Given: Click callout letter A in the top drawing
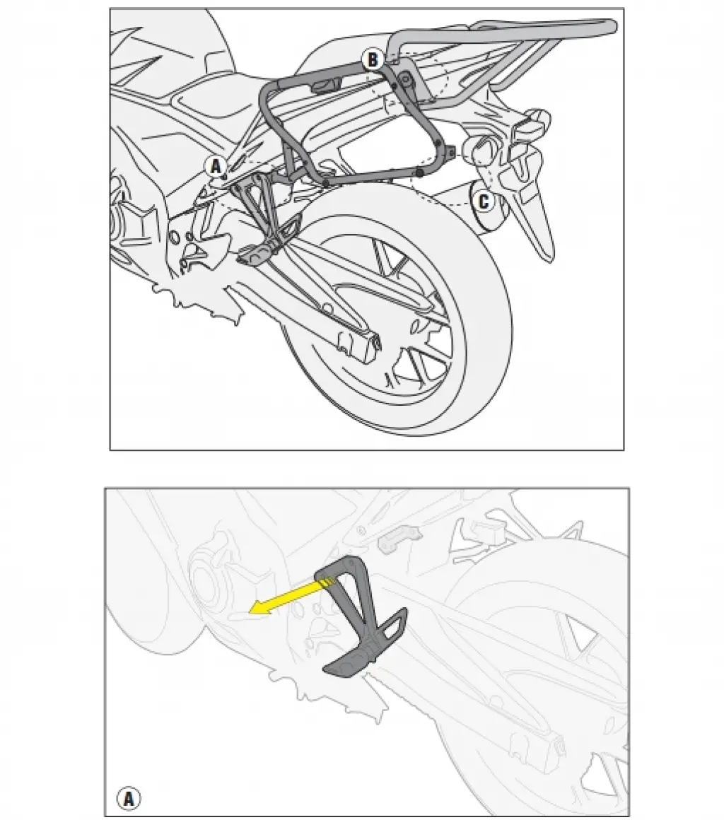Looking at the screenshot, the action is pos(216,167).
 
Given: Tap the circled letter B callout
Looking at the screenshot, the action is pos(373,59).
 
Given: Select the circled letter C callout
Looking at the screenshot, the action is pos(484,201).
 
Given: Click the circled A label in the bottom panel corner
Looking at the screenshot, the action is pos(129,799).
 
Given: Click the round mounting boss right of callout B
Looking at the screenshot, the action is pos(405,79).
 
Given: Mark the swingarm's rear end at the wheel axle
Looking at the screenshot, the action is pos(361,343).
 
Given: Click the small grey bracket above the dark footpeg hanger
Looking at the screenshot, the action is pos(400,539).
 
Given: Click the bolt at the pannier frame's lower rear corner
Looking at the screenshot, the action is pos(450,152).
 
